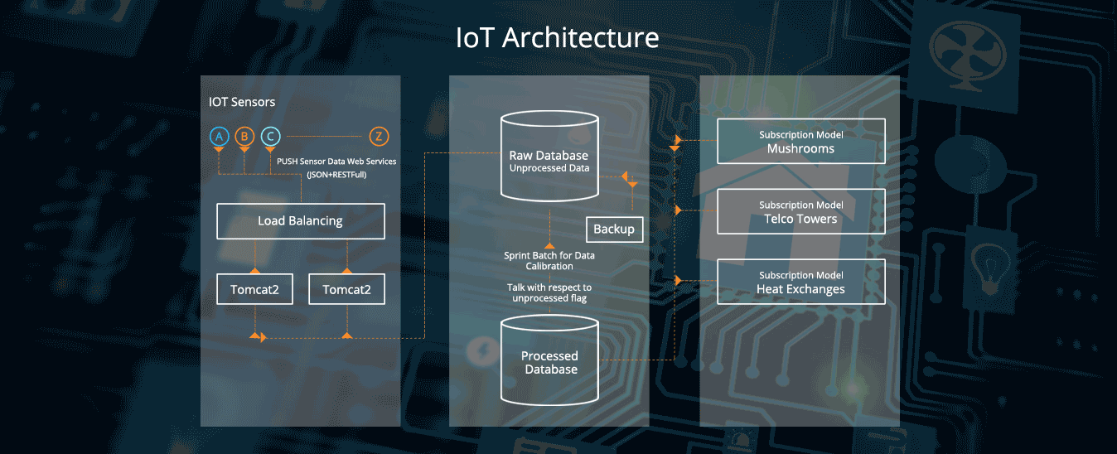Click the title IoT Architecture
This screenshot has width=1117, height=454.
558,38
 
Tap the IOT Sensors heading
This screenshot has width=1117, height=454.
242,102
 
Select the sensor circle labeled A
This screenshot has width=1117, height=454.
219,137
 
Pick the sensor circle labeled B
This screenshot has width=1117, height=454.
244,137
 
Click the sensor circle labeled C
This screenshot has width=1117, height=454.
270,137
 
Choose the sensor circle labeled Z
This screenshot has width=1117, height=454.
378,137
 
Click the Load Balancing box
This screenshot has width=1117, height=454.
300,221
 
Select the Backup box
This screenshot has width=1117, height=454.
614,229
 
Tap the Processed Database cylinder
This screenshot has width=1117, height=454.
549,362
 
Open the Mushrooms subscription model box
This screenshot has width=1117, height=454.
800,142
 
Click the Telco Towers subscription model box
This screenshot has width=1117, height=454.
800,212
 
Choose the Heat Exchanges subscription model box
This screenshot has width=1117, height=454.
800,283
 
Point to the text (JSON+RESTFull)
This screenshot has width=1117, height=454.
336,175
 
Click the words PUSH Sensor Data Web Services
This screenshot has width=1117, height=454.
336,161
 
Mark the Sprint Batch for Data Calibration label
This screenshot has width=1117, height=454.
549,261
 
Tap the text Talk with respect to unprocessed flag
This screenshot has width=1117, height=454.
549,292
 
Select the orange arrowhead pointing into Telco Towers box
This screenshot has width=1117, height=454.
679,210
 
